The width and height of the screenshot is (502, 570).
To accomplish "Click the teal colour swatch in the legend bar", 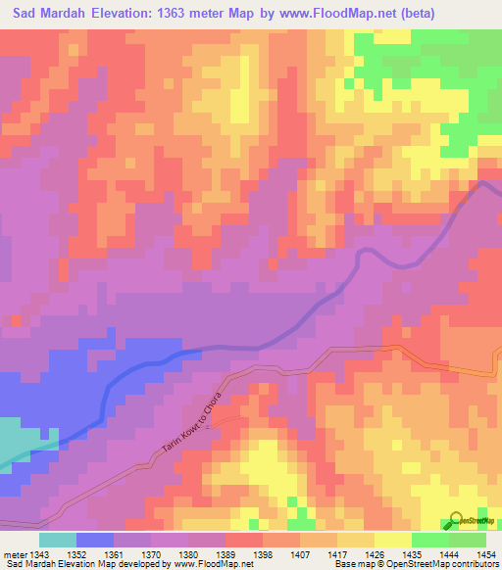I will tap(58, 540).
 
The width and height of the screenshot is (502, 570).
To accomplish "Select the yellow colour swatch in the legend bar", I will tap(393, 540).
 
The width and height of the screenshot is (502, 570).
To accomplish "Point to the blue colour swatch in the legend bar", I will tap(95, 540).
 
